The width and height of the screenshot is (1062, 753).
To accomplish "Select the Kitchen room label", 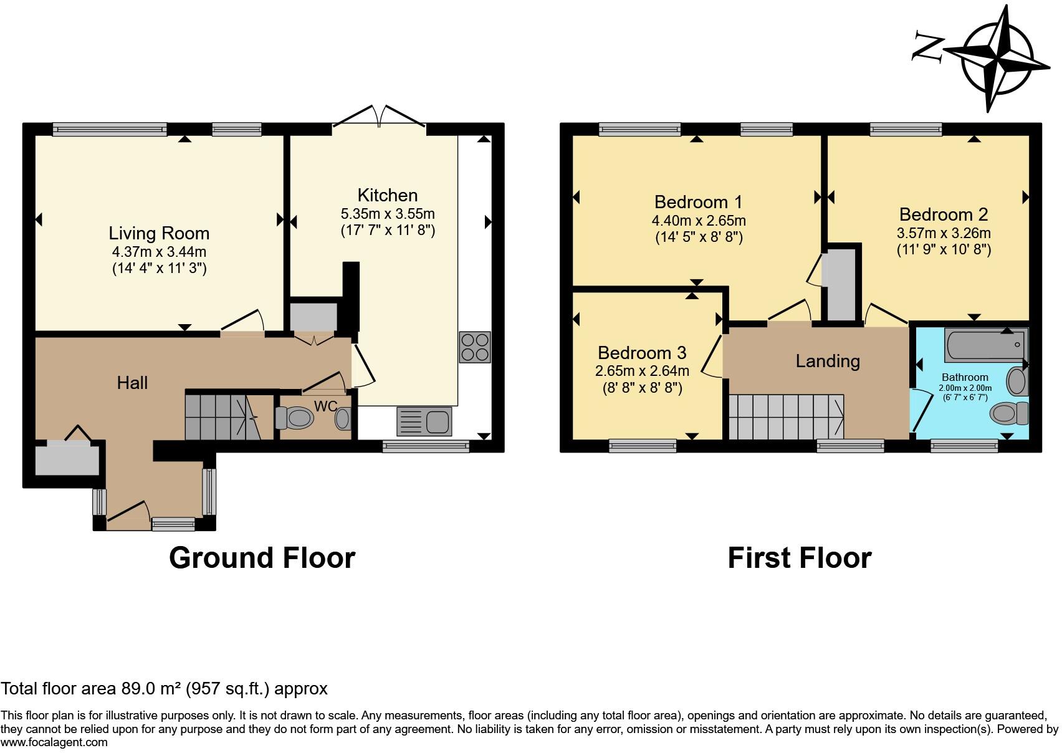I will [387, 194].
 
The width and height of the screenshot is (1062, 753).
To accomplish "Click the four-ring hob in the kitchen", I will [475, 347].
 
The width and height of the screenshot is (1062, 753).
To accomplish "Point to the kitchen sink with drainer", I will [424, 421].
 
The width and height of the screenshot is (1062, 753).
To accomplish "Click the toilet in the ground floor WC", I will [294, 418].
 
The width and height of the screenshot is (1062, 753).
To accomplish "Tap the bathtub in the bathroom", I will [985, 345].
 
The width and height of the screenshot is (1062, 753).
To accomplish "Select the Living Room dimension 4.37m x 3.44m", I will [159, 252].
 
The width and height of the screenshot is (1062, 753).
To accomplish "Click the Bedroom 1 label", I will [698, 202].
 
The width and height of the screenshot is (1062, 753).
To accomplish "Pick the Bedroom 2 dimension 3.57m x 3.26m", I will [943, 233].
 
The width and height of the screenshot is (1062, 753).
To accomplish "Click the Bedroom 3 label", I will [642, 353].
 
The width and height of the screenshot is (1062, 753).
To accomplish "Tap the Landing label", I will [827, 361].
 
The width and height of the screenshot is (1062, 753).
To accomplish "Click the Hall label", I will [132, 382].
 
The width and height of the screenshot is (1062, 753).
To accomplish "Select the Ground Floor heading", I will [262, 557].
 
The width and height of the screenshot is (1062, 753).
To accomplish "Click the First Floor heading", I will [799, 557].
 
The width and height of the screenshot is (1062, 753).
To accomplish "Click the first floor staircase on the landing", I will [785, 416].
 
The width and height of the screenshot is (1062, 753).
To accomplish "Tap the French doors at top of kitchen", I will [379, 118].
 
